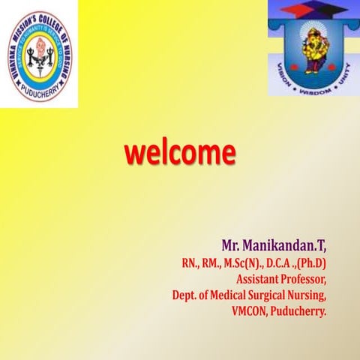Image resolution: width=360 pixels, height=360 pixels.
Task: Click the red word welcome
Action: pos(180,153)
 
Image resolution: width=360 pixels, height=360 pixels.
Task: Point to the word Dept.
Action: pos(185,294)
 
